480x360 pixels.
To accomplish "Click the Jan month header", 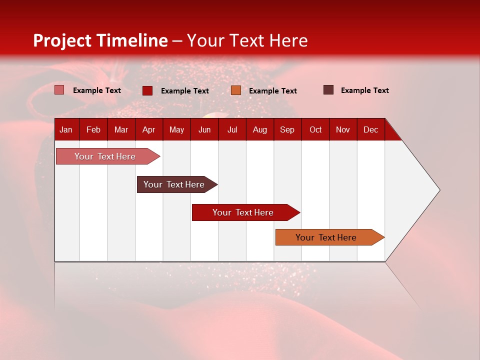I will tap(66, 129).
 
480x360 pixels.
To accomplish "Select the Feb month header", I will tap(93, 129).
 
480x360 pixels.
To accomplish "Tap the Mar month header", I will tap(121, 129).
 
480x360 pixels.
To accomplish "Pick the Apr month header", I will tap(148, 129).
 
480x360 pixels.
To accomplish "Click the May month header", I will tap(176, 129).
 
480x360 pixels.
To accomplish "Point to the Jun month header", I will tap(204, 129).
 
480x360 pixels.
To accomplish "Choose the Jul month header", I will tap(232, 129).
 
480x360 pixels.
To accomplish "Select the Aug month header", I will tap(260, 129).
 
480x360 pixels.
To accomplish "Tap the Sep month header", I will tap(287, 129).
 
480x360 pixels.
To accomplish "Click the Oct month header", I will tap(315, 129).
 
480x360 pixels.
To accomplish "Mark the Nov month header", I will tap(343, 129).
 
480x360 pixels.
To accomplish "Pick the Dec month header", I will tap(371, 129).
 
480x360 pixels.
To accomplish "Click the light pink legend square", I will tap(59, 90).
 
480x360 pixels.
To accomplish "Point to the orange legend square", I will tap(236, 90).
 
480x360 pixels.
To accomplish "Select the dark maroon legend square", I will tap(328, 90).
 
